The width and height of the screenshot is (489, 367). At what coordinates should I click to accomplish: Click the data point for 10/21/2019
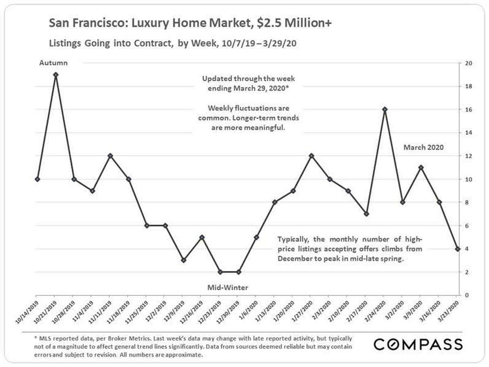(56, 75)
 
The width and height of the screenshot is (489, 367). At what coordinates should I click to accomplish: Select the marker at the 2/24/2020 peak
(384, 109)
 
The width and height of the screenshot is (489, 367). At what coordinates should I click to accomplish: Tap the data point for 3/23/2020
(458, 249)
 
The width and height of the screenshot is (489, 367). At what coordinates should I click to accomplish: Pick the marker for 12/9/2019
(183, 260)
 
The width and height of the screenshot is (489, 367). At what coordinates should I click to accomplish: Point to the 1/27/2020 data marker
(311, 156)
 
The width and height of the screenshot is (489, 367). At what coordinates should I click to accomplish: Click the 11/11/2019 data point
(110, 156)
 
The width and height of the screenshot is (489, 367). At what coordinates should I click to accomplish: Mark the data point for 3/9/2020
(421, 168)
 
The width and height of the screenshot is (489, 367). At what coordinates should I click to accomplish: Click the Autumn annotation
(53, 63)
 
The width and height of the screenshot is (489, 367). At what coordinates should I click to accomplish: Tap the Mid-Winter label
(229, 287)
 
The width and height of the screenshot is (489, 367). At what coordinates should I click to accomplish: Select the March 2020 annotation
(423, 147)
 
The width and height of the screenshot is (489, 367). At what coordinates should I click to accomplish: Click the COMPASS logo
(418, 344)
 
